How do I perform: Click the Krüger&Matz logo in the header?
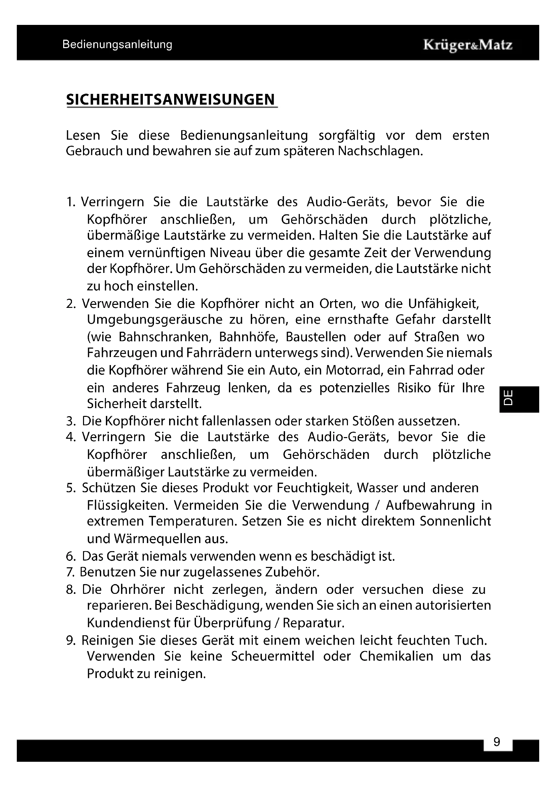coord(468,45)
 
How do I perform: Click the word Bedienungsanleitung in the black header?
coord(117,44)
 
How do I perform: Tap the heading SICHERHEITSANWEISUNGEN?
coord(170,100)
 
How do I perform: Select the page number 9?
coord(497,742)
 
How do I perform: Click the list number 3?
coord(70,421)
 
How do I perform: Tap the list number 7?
coord(70,572)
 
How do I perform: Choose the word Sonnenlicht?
coord(455,521)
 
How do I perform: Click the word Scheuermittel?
coord(273,656)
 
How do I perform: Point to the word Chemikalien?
coord(396,656)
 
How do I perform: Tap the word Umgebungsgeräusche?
coord(154,320)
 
